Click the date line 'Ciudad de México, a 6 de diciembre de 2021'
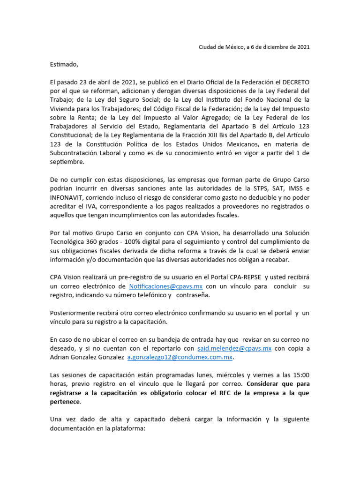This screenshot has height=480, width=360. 254,47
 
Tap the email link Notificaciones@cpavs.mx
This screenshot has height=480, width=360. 166,286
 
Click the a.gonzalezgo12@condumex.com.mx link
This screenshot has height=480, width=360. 180,357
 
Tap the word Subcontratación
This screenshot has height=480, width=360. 76,153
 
